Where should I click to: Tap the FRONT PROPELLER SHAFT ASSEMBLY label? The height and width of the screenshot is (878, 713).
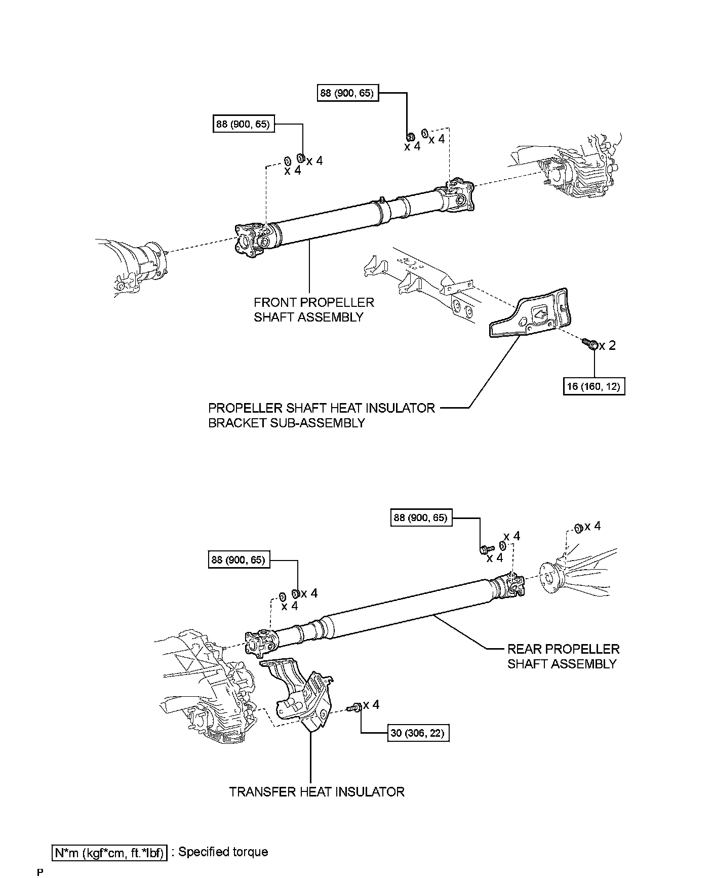point(314,310)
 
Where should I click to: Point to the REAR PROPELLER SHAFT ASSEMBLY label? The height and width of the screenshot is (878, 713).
point(563,656)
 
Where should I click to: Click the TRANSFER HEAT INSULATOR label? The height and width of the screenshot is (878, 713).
point(317,792)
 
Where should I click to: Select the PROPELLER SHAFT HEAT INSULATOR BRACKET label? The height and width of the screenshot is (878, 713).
point(322,415)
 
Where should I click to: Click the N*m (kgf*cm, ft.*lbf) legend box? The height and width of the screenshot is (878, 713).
point(109,853)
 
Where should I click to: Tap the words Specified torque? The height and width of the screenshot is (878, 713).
point(223,852)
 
